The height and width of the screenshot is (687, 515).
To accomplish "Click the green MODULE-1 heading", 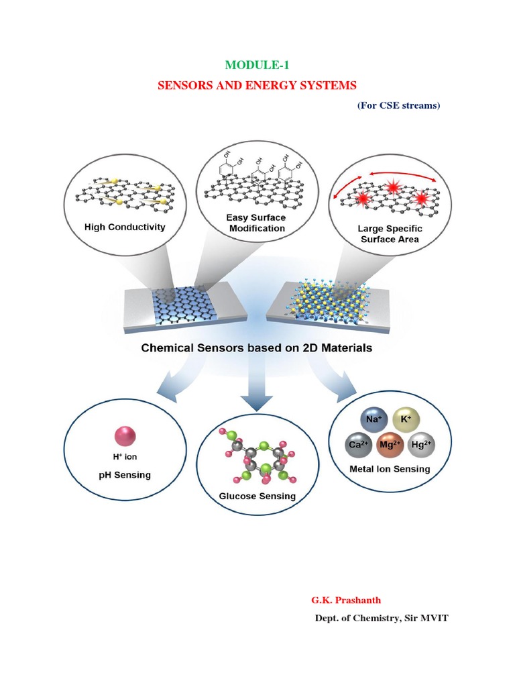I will pos(257,65).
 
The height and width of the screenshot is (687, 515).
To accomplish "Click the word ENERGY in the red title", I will pos(266,85).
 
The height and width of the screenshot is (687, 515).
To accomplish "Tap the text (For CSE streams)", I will pos(398,105).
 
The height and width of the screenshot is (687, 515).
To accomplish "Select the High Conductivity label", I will pos(125,227).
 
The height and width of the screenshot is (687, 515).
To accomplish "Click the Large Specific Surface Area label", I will pos(390,233).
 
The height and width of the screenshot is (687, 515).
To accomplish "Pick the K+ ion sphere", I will pos(405,419).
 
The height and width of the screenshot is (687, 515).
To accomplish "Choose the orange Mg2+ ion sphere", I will pos(388,444).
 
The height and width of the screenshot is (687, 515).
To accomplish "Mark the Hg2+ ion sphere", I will pos(421,444).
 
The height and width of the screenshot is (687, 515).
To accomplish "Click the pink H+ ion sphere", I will pos(124,435).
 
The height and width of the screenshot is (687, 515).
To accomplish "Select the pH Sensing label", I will pos(125,475).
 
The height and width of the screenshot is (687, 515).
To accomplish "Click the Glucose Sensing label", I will pos(257,496).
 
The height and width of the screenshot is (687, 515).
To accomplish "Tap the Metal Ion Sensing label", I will pos(390,469).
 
